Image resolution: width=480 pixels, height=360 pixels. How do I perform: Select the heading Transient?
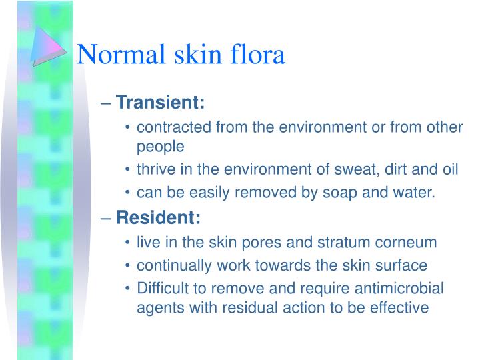(161, 103)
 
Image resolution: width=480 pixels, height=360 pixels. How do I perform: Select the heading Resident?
(158, 217)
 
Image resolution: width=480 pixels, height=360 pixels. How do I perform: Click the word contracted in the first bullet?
(169, 127)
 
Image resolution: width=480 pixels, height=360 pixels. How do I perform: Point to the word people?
(159, 145)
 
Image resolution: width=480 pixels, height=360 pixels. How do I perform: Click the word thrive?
(154, 169)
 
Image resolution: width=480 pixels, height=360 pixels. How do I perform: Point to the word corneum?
(409, 241)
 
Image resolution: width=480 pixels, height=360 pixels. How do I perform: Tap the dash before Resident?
(109, 217)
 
